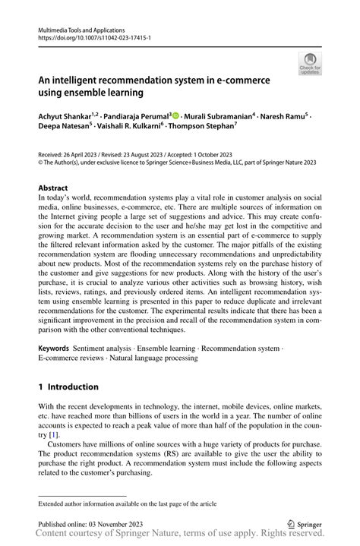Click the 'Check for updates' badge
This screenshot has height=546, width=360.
pos(309,63)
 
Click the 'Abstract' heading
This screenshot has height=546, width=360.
pos(52,188)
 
